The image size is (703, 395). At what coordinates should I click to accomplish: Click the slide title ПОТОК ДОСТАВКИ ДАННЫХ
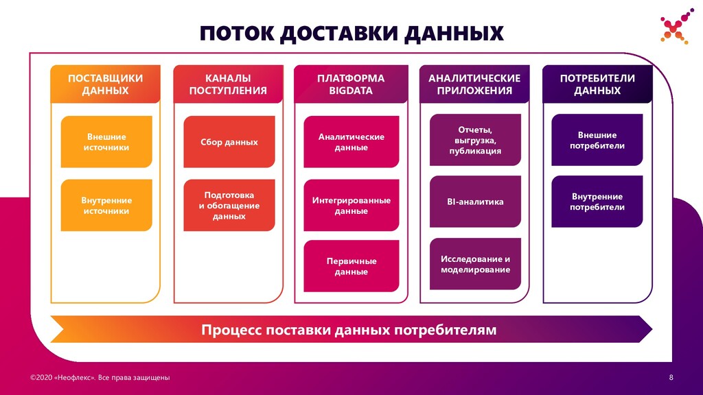(x=351, y=33)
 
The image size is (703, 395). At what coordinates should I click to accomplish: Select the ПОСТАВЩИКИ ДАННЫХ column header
(x=105, y=84)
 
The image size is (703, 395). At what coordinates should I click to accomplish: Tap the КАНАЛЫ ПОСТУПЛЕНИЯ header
(x=228, y=84)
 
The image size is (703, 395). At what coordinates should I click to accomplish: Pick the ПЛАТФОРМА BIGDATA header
(x=350, y=84)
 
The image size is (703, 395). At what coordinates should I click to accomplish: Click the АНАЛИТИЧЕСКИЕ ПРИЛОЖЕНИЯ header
(x=474, y=84)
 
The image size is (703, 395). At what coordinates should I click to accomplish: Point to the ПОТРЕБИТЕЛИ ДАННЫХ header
(x=597, y=84)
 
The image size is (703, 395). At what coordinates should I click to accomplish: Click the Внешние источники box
(x=106, y=142)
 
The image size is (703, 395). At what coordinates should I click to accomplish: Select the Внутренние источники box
(x=106, y=205)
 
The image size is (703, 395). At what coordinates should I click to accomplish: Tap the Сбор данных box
(x=229, y=142)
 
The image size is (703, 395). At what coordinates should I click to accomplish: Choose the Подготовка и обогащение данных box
(x=229, y=205)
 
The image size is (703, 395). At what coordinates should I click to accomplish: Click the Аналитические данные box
(x=351, y=142)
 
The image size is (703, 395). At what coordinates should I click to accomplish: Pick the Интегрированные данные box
(x=351, y=205)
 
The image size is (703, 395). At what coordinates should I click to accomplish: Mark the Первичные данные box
(x=351, y=266)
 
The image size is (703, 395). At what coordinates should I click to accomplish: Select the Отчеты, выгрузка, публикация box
(x=475, y=140)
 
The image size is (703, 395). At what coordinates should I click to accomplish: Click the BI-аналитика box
(x=475, y=202)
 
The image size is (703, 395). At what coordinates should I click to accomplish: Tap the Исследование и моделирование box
(x=475, y=264)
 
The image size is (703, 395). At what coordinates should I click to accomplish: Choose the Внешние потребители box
(x=597, y=140)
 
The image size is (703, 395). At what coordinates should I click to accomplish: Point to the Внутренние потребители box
(x=597, y=202)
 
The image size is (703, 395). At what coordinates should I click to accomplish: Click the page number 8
(x=671, y=378)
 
